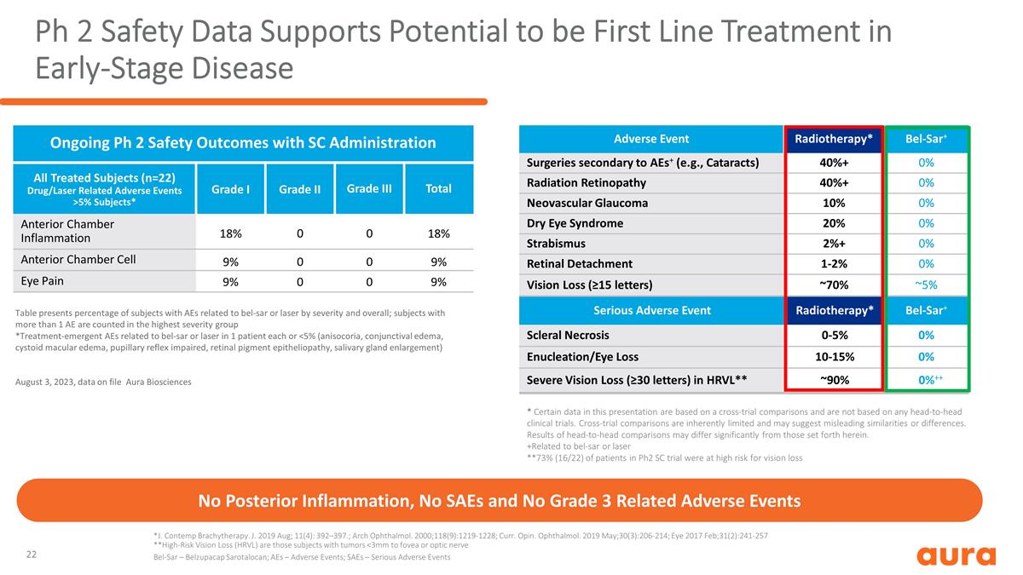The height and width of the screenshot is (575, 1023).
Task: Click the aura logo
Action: pos(956,555)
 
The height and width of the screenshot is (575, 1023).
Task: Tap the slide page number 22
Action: pos(31,555)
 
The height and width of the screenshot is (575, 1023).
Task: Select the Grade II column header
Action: pos(299,189)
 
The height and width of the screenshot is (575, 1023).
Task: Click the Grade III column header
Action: pos(369,188)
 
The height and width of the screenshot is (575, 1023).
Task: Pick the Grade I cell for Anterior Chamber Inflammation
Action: pos(231,233)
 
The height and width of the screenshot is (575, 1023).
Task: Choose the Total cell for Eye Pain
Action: pos(438,282)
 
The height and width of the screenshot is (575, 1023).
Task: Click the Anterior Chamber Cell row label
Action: pos(78,259)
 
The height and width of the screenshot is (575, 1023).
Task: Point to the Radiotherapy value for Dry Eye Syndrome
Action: pos(834,223)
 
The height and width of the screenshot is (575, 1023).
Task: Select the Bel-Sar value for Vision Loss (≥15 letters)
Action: pos(926,285)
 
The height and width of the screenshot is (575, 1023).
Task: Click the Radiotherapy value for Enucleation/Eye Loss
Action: pos(835,357)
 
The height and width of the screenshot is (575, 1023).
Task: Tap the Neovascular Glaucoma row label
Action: pos(587,203)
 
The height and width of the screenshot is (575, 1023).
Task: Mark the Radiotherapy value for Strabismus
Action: pos(834,244)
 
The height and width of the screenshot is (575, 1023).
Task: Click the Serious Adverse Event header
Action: pos(651,310)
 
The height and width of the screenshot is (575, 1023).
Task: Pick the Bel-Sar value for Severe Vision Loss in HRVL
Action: pos(930,380)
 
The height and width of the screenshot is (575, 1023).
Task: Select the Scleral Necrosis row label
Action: pos(568,335)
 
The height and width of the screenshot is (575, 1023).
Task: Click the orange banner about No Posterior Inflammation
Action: pos(500,500)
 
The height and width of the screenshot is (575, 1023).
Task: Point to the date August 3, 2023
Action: pos(44,382)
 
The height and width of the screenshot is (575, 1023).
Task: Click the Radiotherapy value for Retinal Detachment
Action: pos(834,264)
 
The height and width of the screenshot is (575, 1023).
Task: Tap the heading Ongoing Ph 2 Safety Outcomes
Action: pos(243,143)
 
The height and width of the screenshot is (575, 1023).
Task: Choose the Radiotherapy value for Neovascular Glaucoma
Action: pos(834,203)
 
